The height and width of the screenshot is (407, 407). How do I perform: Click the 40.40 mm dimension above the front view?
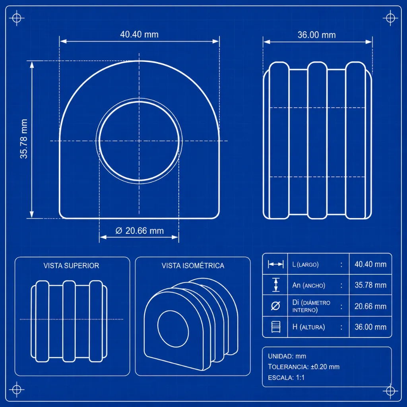point(139,34)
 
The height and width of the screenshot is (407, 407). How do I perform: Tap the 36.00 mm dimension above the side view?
point(316,35)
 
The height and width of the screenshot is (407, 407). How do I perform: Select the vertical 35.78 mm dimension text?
point(24,139)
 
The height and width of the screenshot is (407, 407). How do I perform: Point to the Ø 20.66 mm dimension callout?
point(140,231)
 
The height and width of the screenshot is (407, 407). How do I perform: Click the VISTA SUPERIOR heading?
point(72,266)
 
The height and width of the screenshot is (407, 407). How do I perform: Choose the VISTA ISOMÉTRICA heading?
point(193,266)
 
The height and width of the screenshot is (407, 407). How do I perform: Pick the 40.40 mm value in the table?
point(370,264)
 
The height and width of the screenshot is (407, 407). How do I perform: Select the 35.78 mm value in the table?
point(370,285)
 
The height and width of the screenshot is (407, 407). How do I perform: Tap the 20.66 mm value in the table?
point(370,306)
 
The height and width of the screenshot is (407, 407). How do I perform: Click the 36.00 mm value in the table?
point(370,327)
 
